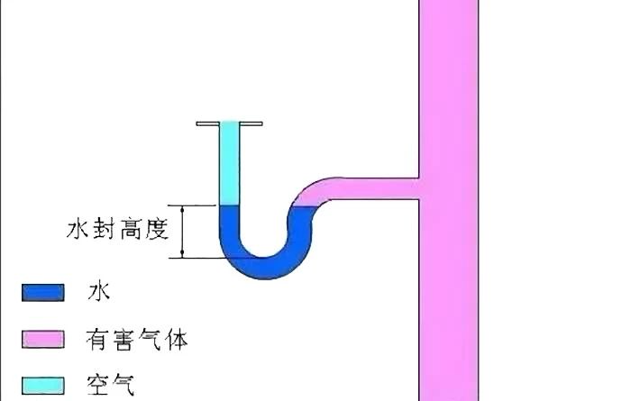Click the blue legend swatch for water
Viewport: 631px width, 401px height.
point(43,292)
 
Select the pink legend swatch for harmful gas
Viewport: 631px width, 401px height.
point(43,339)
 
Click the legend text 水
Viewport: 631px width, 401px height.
point(98,291)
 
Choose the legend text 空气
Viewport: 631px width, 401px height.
point(111,387)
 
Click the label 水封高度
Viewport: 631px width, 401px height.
point(118,230)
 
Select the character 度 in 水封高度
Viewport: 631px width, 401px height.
point(157,230)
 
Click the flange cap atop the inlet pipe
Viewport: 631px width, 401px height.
point(231,123)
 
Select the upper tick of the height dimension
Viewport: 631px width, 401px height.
point(184,206)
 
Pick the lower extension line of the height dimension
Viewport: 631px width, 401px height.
point(203,259)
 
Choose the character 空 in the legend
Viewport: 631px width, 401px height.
point(98,387)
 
